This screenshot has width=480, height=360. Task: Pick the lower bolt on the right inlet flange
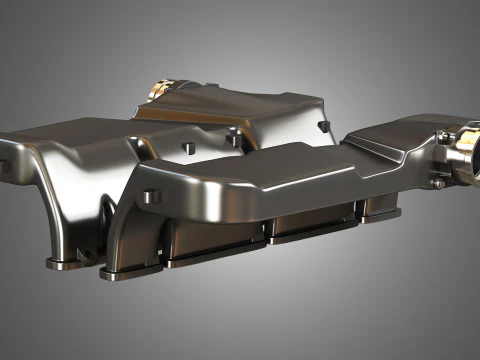pyautogui.click(x=437, y=182)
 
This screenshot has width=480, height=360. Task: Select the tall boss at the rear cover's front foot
pyautogui.click(x=232, y=135)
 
